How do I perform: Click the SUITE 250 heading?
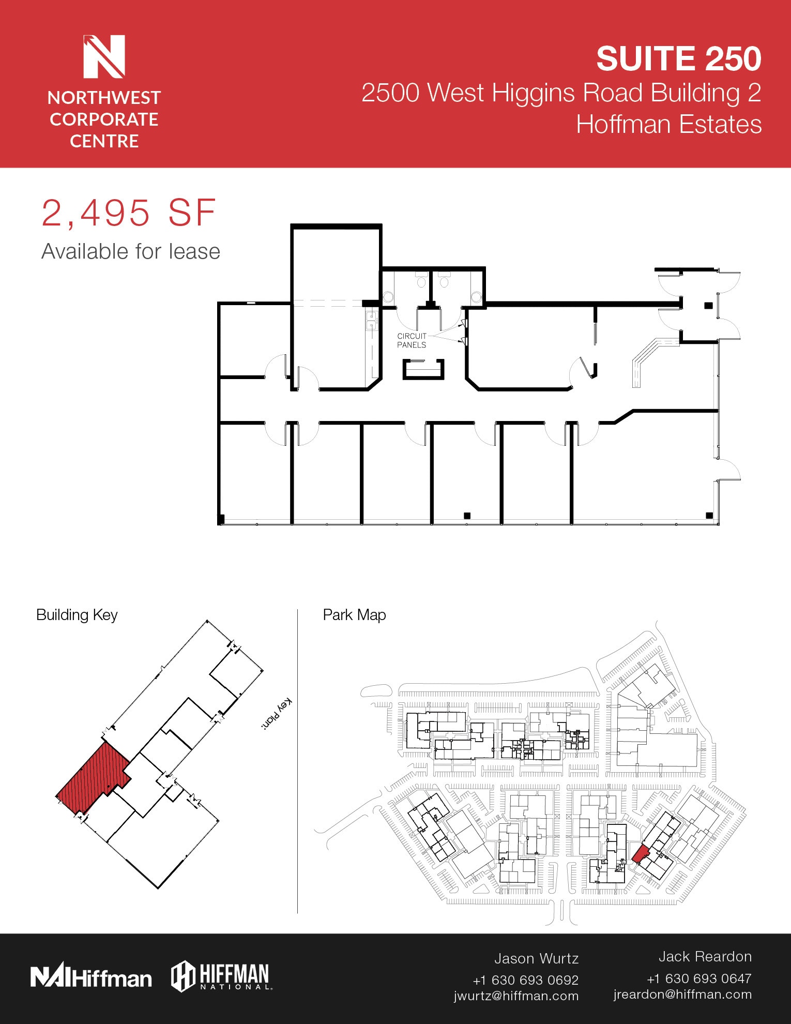click(678, 58)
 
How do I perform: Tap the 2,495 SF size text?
click(128, 213)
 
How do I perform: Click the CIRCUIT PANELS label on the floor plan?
click(412, 340)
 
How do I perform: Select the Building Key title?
click(77, 615)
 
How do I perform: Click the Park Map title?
click(354, 615)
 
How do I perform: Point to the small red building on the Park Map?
click(640, 854)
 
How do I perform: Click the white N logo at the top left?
click(104, 56)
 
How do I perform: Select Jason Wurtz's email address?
click(516, 996)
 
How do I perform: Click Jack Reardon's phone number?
click(699, 978)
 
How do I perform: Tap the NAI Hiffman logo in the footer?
click(91, 977)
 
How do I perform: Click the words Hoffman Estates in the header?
click(668, 125)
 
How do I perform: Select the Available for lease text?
click(131, 252)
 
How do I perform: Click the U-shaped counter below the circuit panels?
click(423, 370)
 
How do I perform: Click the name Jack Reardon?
click(705, 957)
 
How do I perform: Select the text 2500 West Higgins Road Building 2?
click(561, 93)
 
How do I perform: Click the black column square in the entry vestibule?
click(708, 306)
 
